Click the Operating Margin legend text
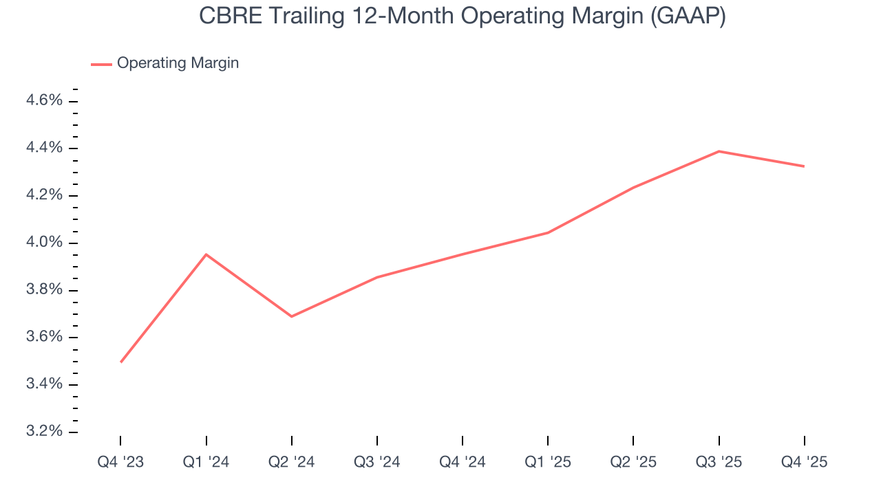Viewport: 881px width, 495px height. click(178, 63)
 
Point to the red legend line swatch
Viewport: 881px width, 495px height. click(101, 64)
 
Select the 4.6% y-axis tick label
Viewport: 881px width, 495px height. click(44, 101)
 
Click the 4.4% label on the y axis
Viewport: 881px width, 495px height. click(44, 148)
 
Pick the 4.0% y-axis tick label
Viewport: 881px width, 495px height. click(44, 243)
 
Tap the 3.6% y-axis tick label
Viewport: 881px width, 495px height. click(44, 337)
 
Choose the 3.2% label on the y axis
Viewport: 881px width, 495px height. click(44, 431)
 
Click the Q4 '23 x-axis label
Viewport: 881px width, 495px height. click(120, 462)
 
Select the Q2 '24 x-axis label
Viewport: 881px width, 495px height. click(292, 462)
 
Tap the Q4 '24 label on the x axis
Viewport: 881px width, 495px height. click(463, 462)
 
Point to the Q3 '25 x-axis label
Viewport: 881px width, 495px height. click(719, 462)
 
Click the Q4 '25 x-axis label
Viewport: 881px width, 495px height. click(805, 462)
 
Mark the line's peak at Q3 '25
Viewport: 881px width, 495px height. click(719, 151)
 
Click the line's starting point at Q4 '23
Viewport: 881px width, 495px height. click(121, 362)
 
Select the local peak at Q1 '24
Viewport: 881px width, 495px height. click(206, 254)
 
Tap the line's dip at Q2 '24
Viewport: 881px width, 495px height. click(292, 316)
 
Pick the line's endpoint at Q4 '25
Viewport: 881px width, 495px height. click(804, 166)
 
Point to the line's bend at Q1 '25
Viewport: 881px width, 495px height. click(548, 232)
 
